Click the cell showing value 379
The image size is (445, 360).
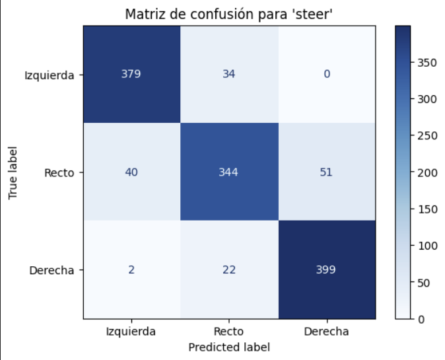click(x=131, y=74)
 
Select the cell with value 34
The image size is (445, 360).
click(x=229, y=74)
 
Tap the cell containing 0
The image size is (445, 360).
click(x=327, y=74)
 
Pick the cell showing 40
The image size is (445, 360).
click(x=131, y=172)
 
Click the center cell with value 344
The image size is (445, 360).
click(x=229, y=172)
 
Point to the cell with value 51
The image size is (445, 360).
click(x=327, y=172)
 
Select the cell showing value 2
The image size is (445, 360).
click(x=131, y=270)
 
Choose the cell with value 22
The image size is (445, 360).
click(x=229, y=270)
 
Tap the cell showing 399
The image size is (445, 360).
click(x=327, y=270)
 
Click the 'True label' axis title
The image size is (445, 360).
click(x=12, y=172)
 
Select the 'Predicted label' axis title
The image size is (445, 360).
click(x=229, y=346)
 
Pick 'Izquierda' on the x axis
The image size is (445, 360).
click(x=131, y=332)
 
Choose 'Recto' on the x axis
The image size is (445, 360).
click(x=229, y=332)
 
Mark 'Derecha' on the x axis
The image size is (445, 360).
click(x=327, y=332)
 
